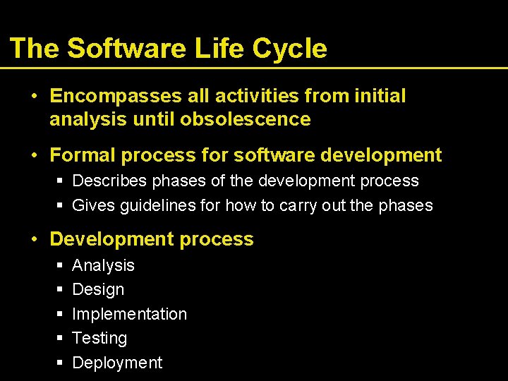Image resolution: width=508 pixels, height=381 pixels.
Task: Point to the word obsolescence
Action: click(x=245, y=119)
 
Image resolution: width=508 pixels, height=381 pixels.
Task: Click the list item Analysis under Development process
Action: click(x=103, y=265)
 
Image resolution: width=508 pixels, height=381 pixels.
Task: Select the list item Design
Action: click(x=98, y=289)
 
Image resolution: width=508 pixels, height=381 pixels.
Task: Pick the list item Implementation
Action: click(x=129, y=314)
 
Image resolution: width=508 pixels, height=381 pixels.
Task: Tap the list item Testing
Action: click(x=99, y=338)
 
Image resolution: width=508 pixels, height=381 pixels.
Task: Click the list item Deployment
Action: click(x=117, y=363)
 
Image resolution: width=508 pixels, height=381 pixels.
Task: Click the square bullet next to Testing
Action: click(x=60, y=339)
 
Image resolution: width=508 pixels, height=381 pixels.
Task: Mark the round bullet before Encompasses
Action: click(x=35, y=96)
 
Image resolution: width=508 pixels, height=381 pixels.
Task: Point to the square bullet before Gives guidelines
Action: click(x=60, y=206)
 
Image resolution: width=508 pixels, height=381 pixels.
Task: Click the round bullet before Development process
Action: click(x=35, y=239)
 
